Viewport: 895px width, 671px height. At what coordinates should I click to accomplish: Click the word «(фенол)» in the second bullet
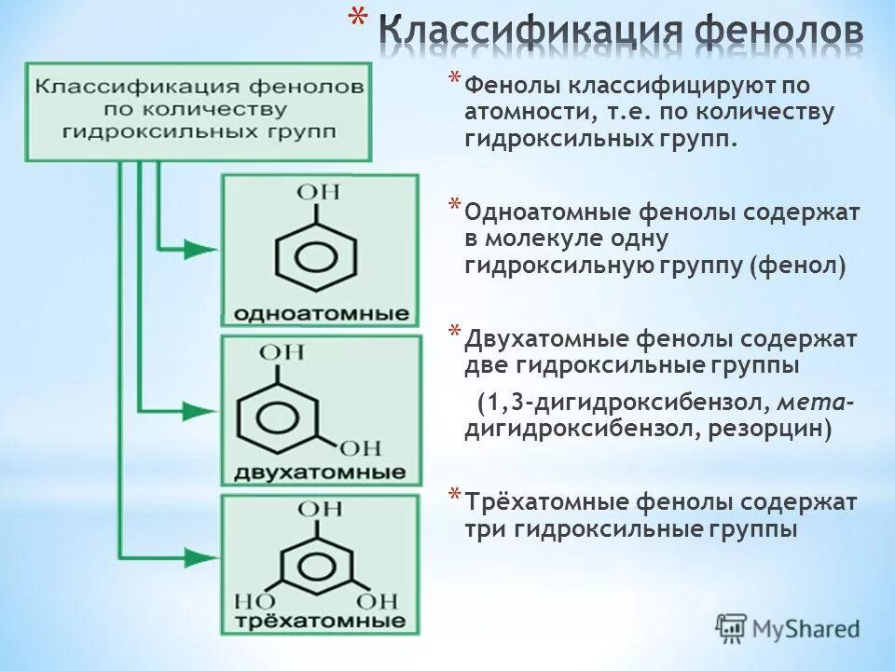(x=798, y=267)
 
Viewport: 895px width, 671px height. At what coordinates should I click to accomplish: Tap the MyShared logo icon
(x=731, y=629)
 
